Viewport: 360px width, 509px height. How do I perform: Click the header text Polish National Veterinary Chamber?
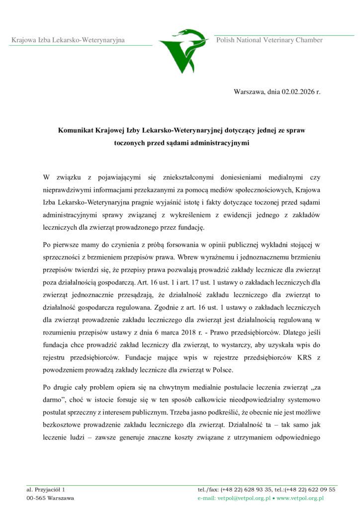pyautogui.click(x=269, y=40)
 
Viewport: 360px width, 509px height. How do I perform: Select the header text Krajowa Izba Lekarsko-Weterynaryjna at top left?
pyautogui.click(x=68, y=40)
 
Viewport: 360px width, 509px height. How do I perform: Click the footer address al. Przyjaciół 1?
pyautogui.click(x=46, y=490)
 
